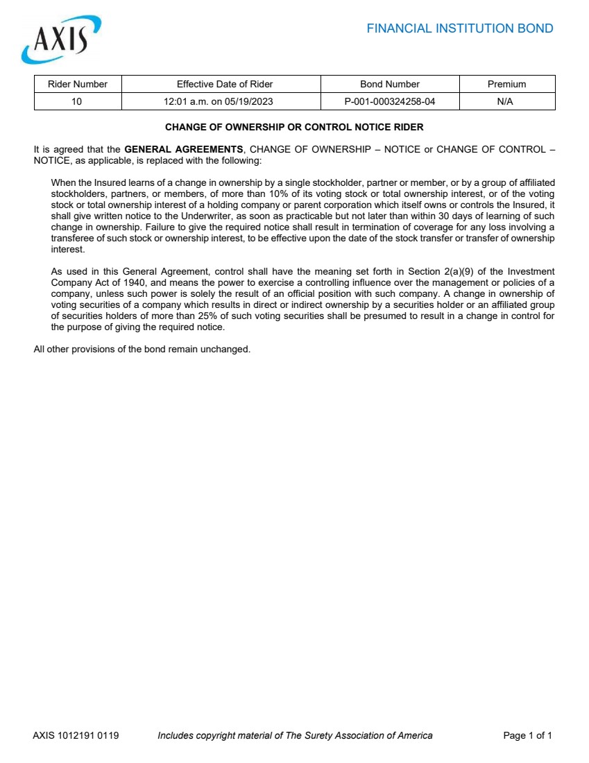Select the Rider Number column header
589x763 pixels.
[x=78, y=84]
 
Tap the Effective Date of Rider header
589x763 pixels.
[x=225, y=84]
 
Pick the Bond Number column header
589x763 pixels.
[x=390, y=84]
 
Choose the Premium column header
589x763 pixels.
[x=506, y=84]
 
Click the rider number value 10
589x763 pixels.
[x=77, y=101]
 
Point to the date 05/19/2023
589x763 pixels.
[x=248, y=101]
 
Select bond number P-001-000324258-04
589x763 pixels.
[x=390, y=101]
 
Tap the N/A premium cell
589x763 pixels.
[x=506, y=101]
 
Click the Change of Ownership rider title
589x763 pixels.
[x=294, y=128]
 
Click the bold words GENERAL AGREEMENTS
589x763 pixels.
[x=184, y=149]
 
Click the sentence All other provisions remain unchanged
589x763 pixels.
[x=142, y=349]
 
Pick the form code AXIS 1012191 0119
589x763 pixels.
[x=76, y=735]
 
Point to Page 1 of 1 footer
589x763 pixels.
[x=527, y=735]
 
